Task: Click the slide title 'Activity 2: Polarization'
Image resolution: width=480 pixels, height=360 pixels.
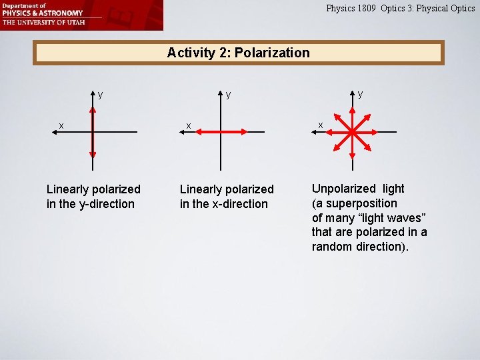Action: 239,53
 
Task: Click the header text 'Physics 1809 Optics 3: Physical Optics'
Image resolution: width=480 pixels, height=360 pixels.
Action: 400,8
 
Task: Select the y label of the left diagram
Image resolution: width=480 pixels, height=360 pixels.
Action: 100,95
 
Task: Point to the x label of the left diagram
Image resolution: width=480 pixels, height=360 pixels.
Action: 61,125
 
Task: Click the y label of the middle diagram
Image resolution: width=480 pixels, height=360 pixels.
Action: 228,95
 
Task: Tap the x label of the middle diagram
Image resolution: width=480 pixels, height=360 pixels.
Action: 189,125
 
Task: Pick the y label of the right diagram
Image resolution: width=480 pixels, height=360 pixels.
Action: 360,94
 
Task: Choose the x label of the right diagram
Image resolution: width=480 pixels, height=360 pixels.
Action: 320,125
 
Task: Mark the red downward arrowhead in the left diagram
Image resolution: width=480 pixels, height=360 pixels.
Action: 92,154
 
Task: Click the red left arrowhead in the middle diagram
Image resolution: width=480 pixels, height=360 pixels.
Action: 199,132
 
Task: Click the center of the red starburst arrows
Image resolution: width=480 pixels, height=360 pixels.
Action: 351,132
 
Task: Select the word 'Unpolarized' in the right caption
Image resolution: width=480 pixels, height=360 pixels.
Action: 341,189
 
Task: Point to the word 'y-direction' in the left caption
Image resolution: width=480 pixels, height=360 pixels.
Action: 106,204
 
